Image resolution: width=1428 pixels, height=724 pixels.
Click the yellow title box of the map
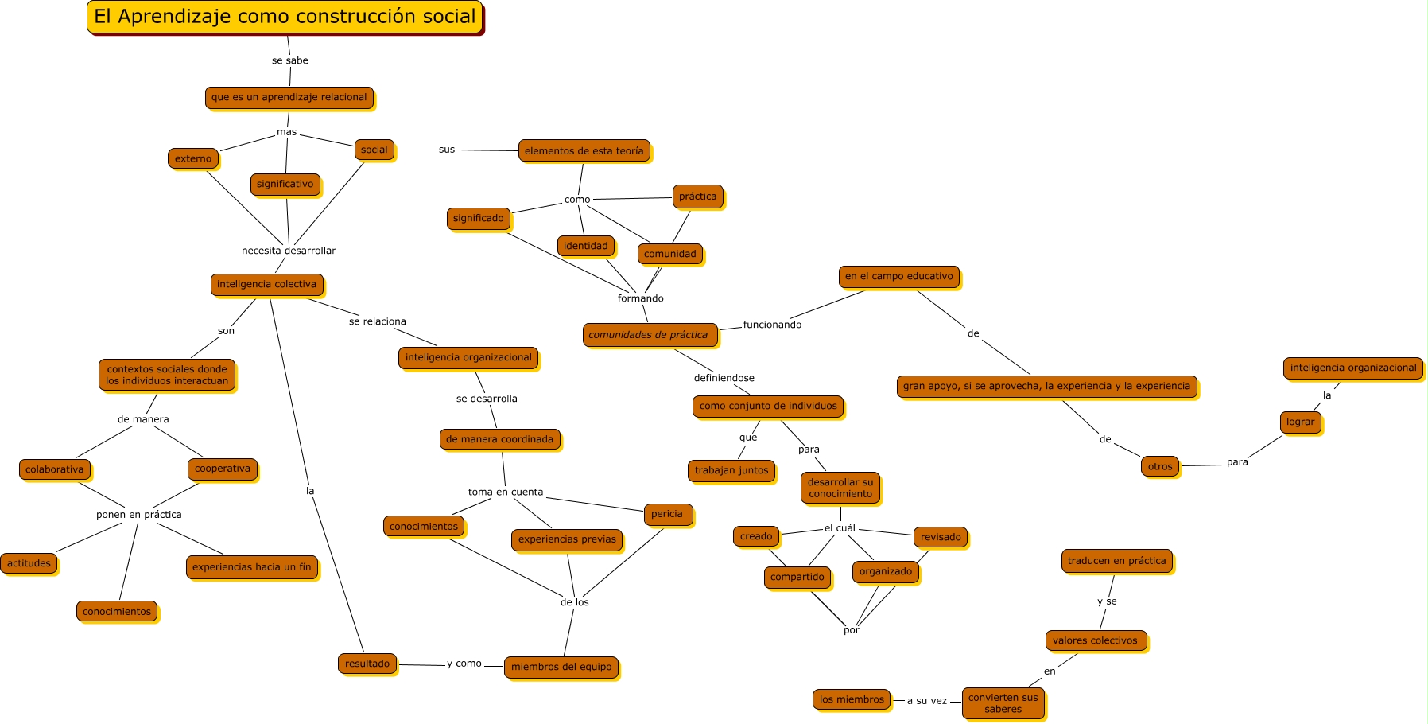point(285,17)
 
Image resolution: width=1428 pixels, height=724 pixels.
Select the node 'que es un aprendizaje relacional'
point(289,97)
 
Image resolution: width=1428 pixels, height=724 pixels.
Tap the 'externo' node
point(193,158)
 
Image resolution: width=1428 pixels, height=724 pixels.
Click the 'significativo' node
point(285,184)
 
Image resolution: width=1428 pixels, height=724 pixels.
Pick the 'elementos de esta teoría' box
point(584,151)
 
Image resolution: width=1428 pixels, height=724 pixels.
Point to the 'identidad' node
point(586,246)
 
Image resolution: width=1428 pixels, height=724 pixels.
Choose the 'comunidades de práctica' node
point(649,335)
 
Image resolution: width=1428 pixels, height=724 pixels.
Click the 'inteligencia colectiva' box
point(267,284)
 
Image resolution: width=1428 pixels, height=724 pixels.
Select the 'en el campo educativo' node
point(899,276)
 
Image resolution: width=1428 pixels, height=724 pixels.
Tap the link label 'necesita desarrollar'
point(289,251)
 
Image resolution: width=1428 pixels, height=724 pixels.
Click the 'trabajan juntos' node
point(731,470)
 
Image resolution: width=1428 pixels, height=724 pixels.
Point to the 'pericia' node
point(667,514)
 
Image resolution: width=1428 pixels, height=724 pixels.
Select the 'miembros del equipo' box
point(561,667)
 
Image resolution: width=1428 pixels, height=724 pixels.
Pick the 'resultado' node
point(367,664)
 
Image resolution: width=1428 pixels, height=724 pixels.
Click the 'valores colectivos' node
point(1096,640)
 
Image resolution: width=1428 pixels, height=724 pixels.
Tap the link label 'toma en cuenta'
point(506,492)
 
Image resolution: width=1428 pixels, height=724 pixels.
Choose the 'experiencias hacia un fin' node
point(252,567)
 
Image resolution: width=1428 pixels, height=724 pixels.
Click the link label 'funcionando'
point(772,325)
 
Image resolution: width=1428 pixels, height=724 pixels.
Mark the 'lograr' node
point(1301,422)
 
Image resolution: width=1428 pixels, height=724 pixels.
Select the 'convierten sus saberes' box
point(1003,703)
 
